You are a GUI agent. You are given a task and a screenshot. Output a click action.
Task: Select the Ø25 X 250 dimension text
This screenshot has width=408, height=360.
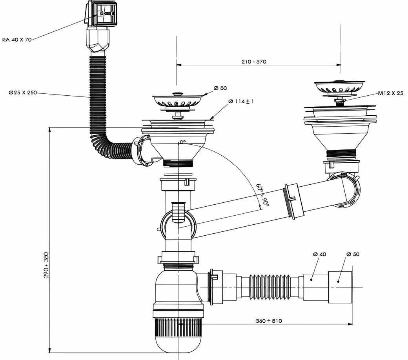point(23,93)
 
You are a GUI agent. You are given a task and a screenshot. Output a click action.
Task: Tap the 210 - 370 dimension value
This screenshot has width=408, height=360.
point(253,62)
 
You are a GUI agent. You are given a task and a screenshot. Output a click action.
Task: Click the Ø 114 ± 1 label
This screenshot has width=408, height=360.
point(241,102)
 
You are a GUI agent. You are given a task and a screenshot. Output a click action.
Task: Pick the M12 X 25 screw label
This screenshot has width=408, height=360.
point(390,93)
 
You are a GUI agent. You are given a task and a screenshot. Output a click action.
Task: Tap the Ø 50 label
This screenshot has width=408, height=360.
point(353,254)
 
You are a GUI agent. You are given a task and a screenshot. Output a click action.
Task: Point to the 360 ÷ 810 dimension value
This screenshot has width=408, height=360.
point(269,321)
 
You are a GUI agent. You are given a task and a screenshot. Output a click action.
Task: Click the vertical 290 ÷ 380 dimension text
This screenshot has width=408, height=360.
point(46,265)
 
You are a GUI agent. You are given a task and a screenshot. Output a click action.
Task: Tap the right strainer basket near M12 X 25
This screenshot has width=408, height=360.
point(340,87)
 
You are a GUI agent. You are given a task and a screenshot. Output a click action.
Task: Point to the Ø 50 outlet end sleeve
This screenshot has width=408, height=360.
point(340,286)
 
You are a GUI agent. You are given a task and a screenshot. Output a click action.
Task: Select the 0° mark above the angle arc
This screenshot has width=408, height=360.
point(182,142)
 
